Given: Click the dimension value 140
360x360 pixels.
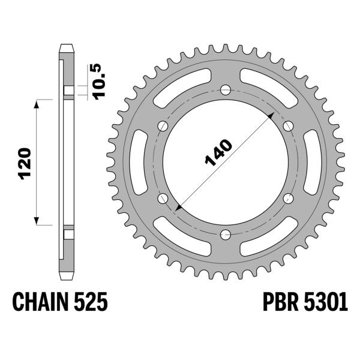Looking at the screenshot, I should coord(218,153).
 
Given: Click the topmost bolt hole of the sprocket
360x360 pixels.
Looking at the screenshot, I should coord(225,90).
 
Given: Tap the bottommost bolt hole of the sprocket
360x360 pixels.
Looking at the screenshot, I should coord(225,234).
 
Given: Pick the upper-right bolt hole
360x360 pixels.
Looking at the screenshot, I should coord(287,126).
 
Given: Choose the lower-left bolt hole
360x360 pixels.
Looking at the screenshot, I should coord(163,198).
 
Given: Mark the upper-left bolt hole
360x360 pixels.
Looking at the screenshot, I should coord(163,126).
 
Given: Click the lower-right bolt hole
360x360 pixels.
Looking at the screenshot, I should coord(287,198).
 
